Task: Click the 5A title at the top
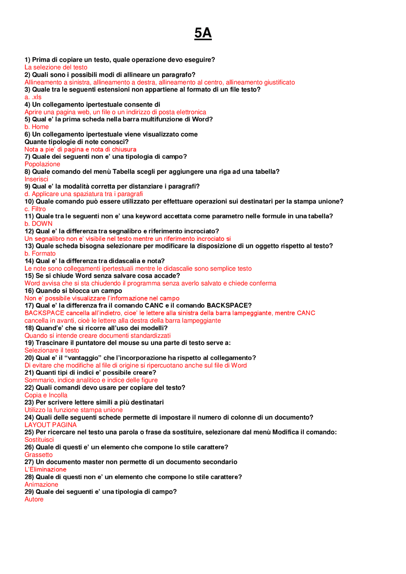203,33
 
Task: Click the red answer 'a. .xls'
33,97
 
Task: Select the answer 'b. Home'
36,127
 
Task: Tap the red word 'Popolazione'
42,164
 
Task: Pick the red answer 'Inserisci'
36,179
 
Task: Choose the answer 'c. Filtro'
35,209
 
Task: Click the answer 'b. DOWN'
38,224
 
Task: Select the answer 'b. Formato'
40,254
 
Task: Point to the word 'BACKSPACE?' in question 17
229,306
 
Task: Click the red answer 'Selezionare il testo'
52,350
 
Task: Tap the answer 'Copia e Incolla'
46,395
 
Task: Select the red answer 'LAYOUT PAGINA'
50,425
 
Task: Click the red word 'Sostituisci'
39,440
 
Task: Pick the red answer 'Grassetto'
38,455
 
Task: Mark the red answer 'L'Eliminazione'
45,469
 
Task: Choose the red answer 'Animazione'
41,484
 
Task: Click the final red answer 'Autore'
34,499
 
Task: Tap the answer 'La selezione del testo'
56,67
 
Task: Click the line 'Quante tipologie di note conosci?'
76,142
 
